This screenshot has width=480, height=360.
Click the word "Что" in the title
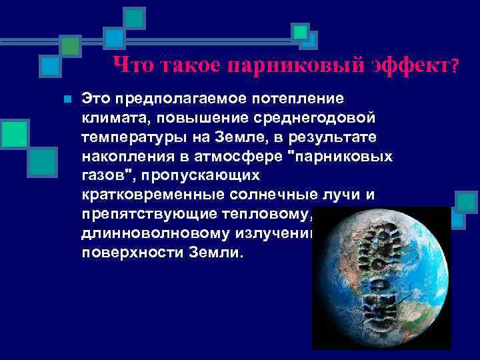click(132, 65)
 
